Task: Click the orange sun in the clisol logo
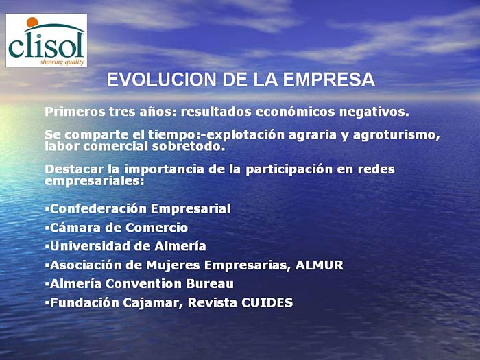click(32, 23)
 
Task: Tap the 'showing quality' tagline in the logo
click(62, 62)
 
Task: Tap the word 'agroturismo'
click(396, 135)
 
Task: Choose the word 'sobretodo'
click(189, 146)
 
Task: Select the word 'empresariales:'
click(95, 181)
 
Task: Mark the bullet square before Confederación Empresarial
click(47, 208)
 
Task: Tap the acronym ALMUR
click(320, 265)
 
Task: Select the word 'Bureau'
click(210, 284)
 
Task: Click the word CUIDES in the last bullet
click(267, 303)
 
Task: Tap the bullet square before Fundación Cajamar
click(47, 303)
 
